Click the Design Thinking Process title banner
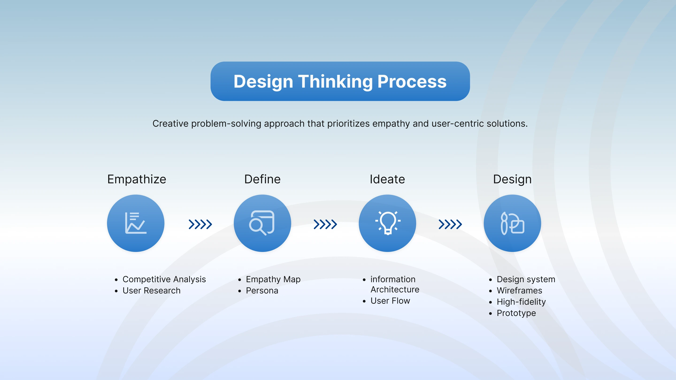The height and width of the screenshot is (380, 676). tap(340, 81)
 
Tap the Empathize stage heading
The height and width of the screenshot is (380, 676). tap(137, 179)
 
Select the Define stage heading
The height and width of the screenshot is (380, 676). tap(262, 179)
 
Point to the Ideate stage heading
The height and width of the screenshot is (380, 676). tap(387, 179)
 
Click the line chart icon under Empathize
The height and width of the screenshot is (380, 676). tap(136, 223)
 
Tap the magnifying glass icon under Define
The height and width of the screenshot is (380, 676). tap(262, 223)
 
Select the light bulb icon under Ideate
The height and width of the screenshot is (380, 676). tap(388, 223)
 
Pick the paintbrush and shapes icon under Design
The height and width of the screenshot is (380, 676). tap(512, 223)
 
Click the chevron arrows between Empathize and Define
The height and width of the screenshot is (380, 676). tap(200, 224)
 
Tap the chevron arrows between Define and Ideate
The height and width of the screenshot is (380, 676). tap(325, 224)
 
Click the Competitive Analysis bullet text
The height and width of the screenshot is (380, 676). tap(164, 280)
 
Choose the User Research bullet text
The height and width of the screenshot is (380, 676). tap(152, 291)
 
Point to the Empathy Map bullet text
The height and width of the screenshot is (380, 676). tap(273, 280)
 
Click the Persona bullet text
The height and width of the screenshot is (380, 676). tap(262, 291)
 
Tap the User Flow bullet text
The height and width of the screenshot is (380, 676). tap(390, 301)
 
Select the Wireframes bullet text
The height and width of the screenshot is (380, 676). tap(520, 291)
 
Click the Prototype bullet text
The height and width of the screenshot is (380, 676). tap(516, 313)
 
